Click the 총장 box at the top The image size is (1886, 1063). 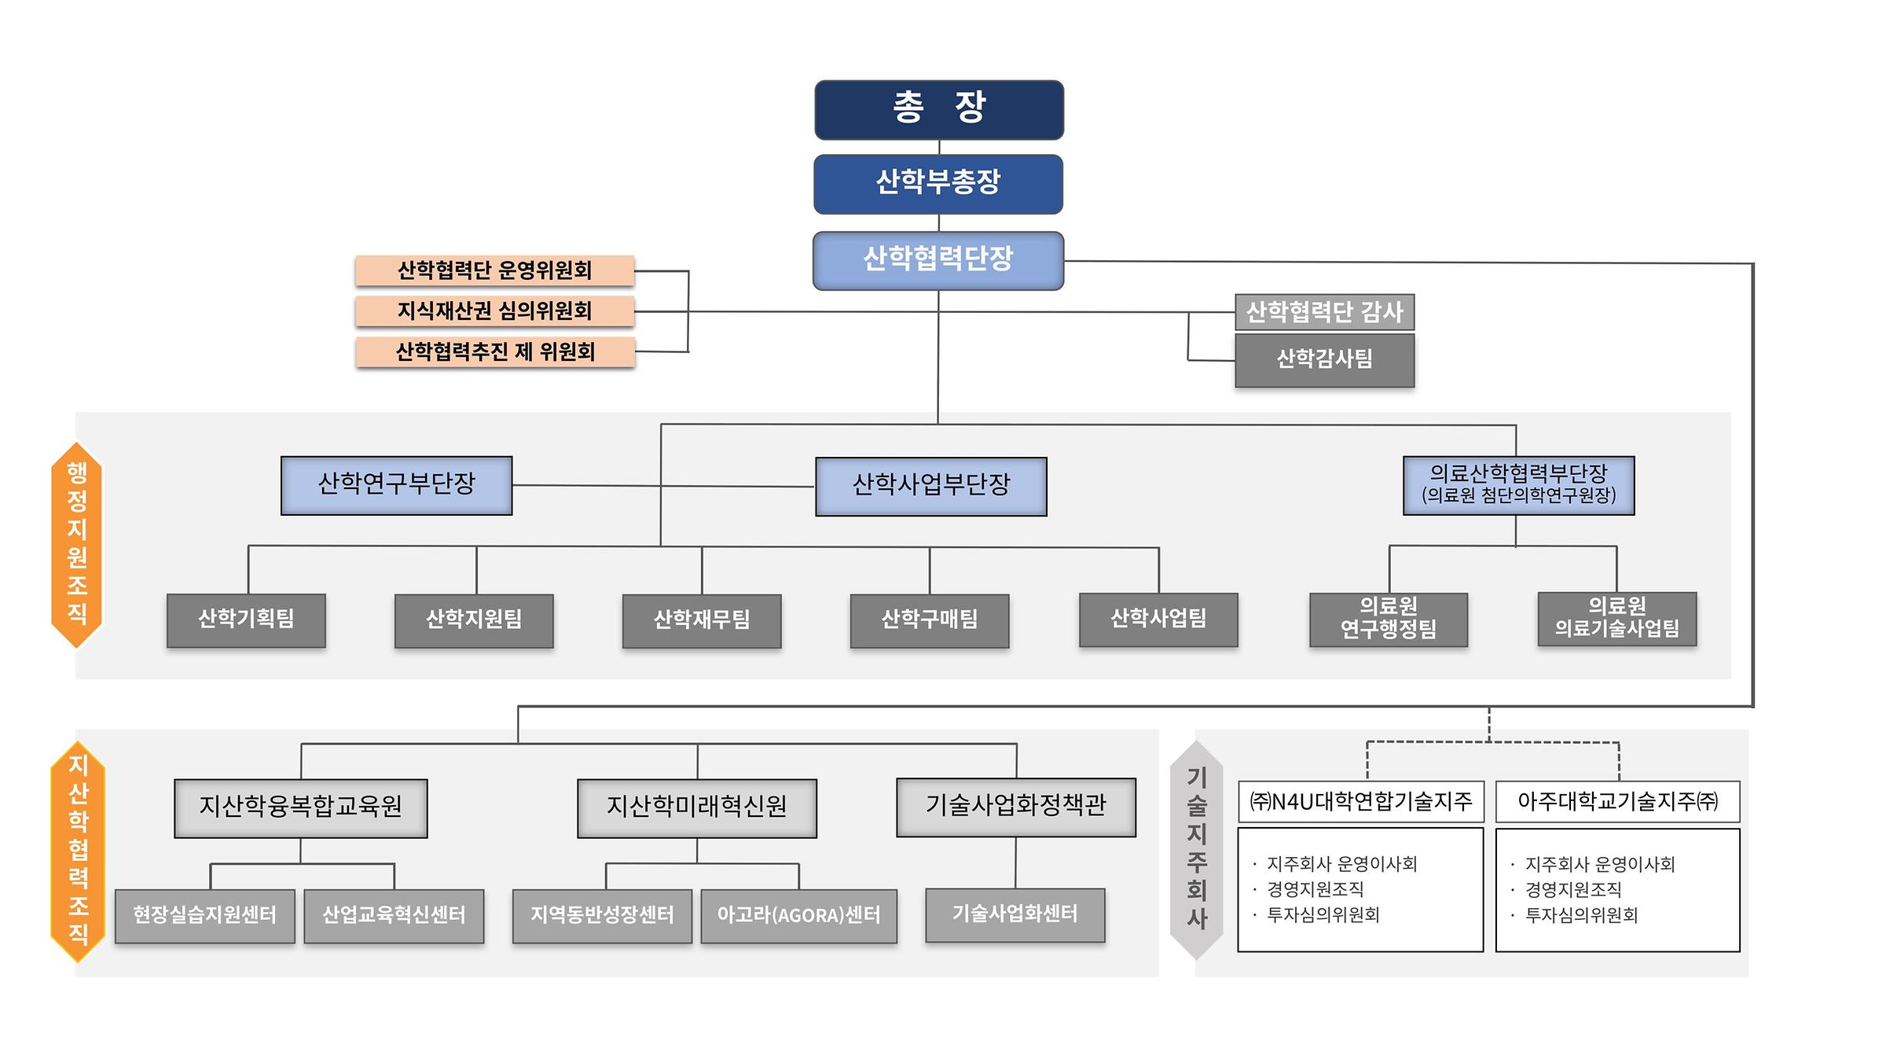[x=939, y=109]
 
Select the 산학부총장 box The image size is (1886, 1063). [x=938, y=184]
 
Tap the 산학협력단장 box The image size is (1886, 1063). [x=938, y=260]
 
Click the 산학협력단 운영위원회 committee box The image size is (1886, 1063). [x=494, y=270]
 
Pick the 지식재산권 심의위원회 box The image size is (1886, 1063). [x=494, y=311]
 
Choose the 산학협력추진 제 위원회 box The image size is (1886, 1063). [x=494, y=351]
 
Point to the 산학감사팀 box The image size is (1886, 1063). [x=1324, y=360]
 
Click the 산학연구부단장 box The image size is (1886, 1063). [x=396, y=485]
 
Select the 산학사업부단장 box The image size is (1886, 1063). [x=931, y=486]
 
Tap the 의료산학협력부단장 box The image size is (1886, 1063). [x=1518, y=485]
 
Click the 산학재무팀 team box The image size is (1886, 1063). [x=702, y=620]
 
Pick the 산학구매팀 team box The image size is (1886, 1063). [x=930, y=620]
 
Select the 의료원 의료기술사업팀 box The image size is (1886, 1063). [x=1616, y=619]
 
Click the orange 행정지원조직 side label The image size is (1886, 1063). [x=77, y=544]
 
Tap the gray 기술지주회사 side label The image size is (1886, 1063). [x=1196, y=849]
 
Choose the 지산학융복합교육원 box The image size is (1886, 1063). [x=300, y=807]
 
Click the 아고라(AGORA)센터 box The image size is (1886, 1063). [x=798, y=915]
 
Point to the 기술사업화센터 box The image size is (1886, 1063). [x=1015, y=914]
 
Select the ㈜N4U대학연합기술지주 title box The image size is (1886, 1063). [x=1360, y=801]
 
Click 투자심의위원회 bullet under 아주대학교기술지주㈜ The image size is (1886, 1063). [x=1581, y=915]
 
